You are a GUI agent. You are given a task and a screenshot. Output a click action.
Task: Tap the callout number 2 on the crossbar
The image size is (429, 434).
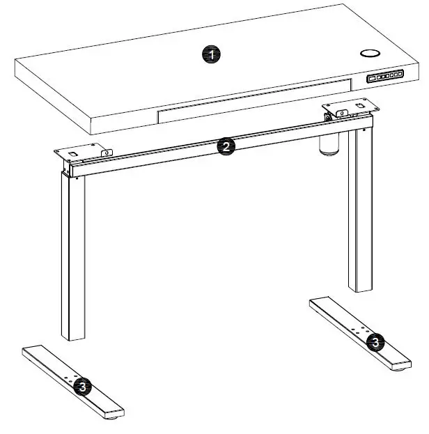[x=224, y=146]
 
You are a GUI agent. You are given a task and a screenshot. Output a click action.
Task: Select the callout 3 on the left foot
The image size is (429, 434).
[x=82, y=385]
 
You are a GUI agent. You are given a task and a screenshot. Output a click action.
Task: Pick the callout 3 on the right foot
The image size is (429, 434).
[x=375, y=341]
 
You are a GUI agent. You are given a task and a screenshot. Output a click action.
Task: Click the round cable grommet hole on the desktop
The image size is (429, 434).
[x=368, y=54]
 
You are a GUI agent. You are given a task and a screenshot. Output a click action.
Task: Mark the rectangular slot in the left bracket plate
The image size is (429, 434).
[x=74, y=150]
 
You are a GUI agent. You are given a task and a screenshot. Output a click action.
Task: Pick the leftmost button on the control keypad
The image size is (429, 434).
[x=373, y=79]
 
